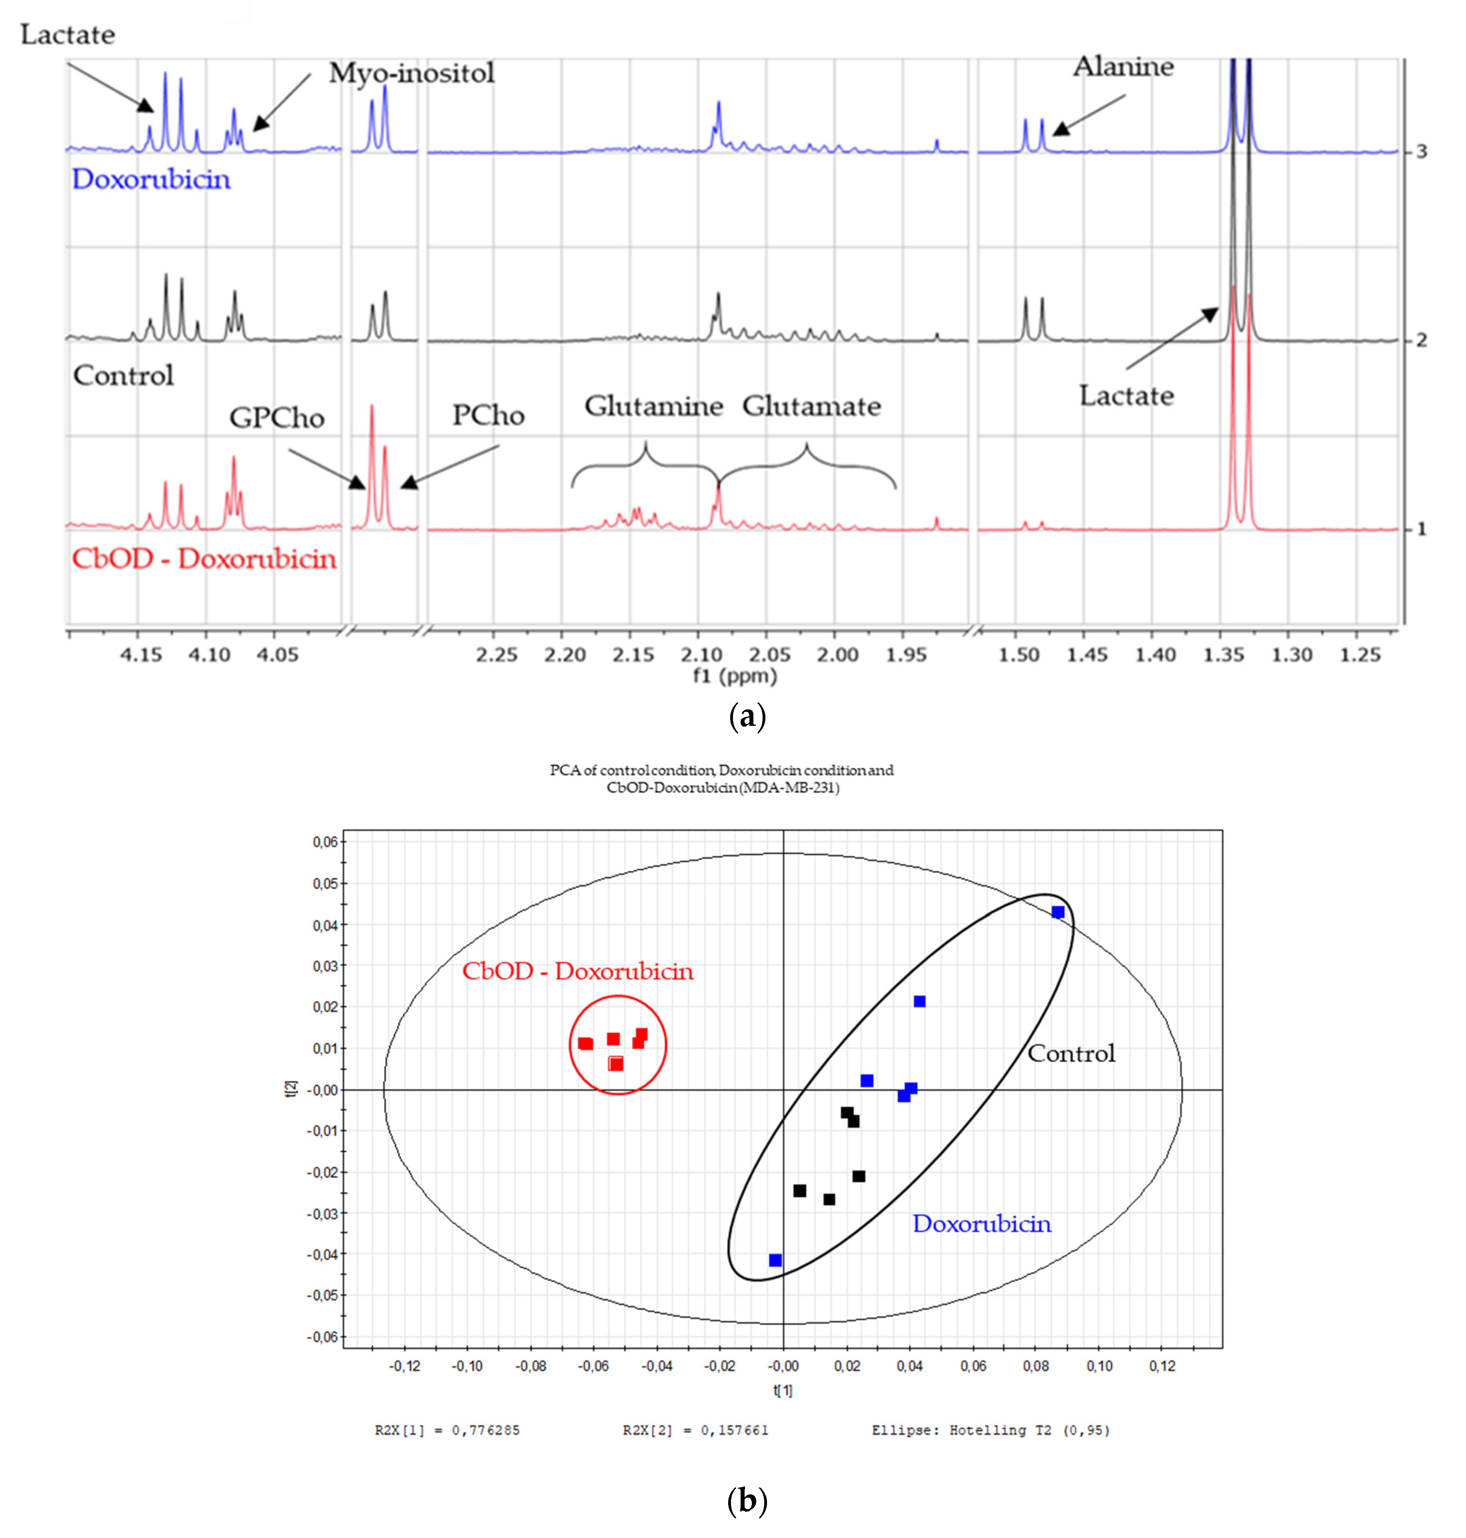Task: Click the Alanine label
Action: coord(1123,67)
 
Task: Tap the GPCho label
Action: coord(277,418)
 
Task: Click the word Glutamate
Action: coord(811,406)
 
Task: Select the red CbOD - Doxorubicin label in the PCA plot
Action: coord(577,971)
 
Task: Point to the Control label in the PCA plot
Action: coord(1071,1053)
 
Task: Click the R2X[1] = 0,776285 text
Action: coord(447,1430)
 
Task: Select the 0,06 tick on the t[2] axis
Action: coord(325,843)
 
